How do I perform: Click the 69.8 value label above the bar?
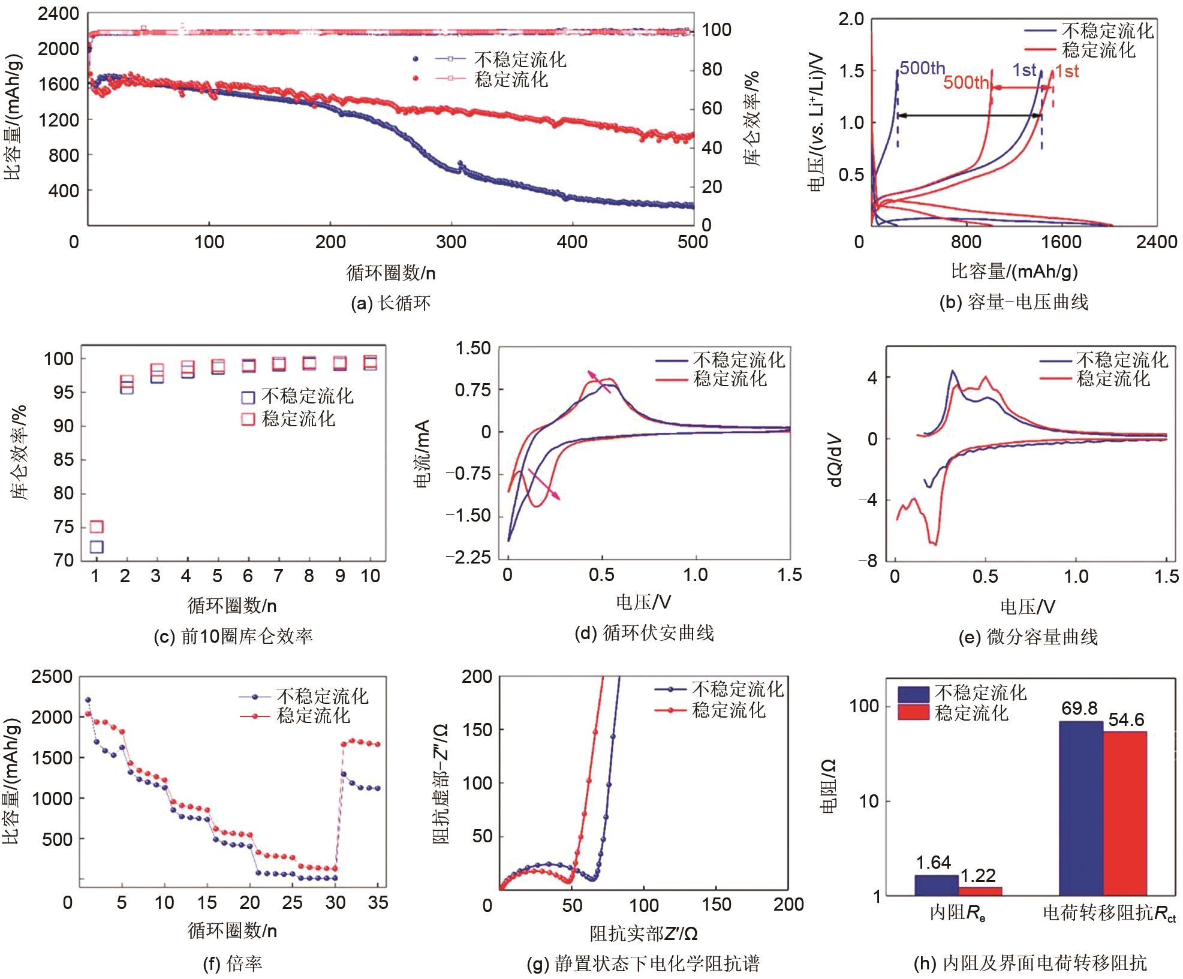(1079, 709)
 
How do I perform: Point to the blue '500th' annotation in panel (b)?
(922, 68)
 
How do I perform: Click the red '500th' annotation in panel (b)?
(965, 82)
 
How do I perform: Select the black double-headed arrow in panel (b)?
(969, 116)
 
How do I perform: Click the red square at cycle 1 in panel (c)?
(97, 526)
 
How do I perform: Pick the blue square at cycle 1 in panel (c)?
(97, 547)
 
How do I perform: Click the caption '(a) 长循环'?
(390, 303)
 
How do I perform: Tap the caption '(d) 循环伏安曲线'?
(644, 633)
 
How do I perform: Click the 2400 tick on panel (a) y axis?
(58, 13)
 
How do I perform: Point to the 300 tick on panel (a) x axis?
(451, 242)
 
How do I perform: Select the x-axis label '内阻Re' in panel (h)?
(958, 913)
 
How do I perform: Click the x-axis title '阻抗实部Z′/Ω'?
(643, 933)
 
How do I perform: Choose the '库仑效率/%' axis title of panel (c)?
(20, 453)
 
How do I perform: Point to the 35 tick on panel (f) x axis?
(378, 903)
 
